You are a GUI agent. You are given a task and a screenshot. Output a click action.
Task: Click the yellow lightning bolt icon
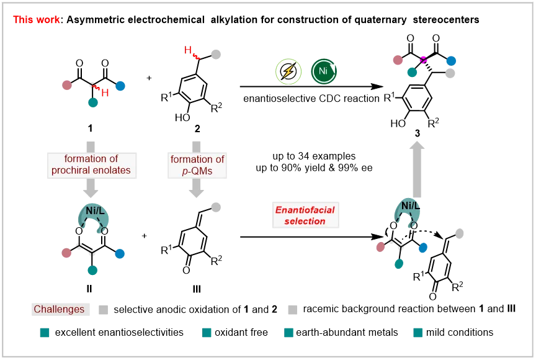point(288,72)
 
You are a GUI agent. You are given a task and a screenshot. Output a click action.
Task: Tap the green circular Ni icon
point(323,72)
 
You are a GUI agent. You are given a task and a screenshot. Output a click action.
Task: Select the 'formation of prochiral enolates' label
point(91,164)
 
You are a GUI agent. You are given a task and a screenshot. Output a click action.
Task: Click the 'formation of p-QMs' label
point(197,164)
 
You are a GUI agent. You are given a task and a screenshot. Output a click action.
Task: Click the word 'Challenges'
point(59,309)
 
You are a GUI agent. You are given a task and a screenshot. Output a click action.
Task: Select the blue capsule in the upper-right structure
point(451,62)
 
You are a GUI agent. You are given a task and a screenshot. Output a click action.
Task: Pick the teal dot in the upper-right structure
point(413,72)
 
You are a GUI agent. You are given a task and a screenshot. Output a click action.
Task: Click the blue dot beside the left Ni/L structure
point(122,253)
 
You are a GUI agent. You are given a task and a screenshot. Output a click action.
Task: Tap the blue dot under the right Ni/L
point(423,248)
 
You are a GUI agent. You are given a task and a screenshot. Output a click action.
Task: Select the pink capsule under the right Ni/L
point(381,250)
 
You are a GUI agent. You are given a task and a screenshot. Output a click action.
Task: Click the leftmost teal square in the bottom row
point(45,333)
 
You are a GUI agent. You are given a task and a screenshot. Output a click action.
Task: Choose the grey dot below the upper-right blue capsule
point(451,73)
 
